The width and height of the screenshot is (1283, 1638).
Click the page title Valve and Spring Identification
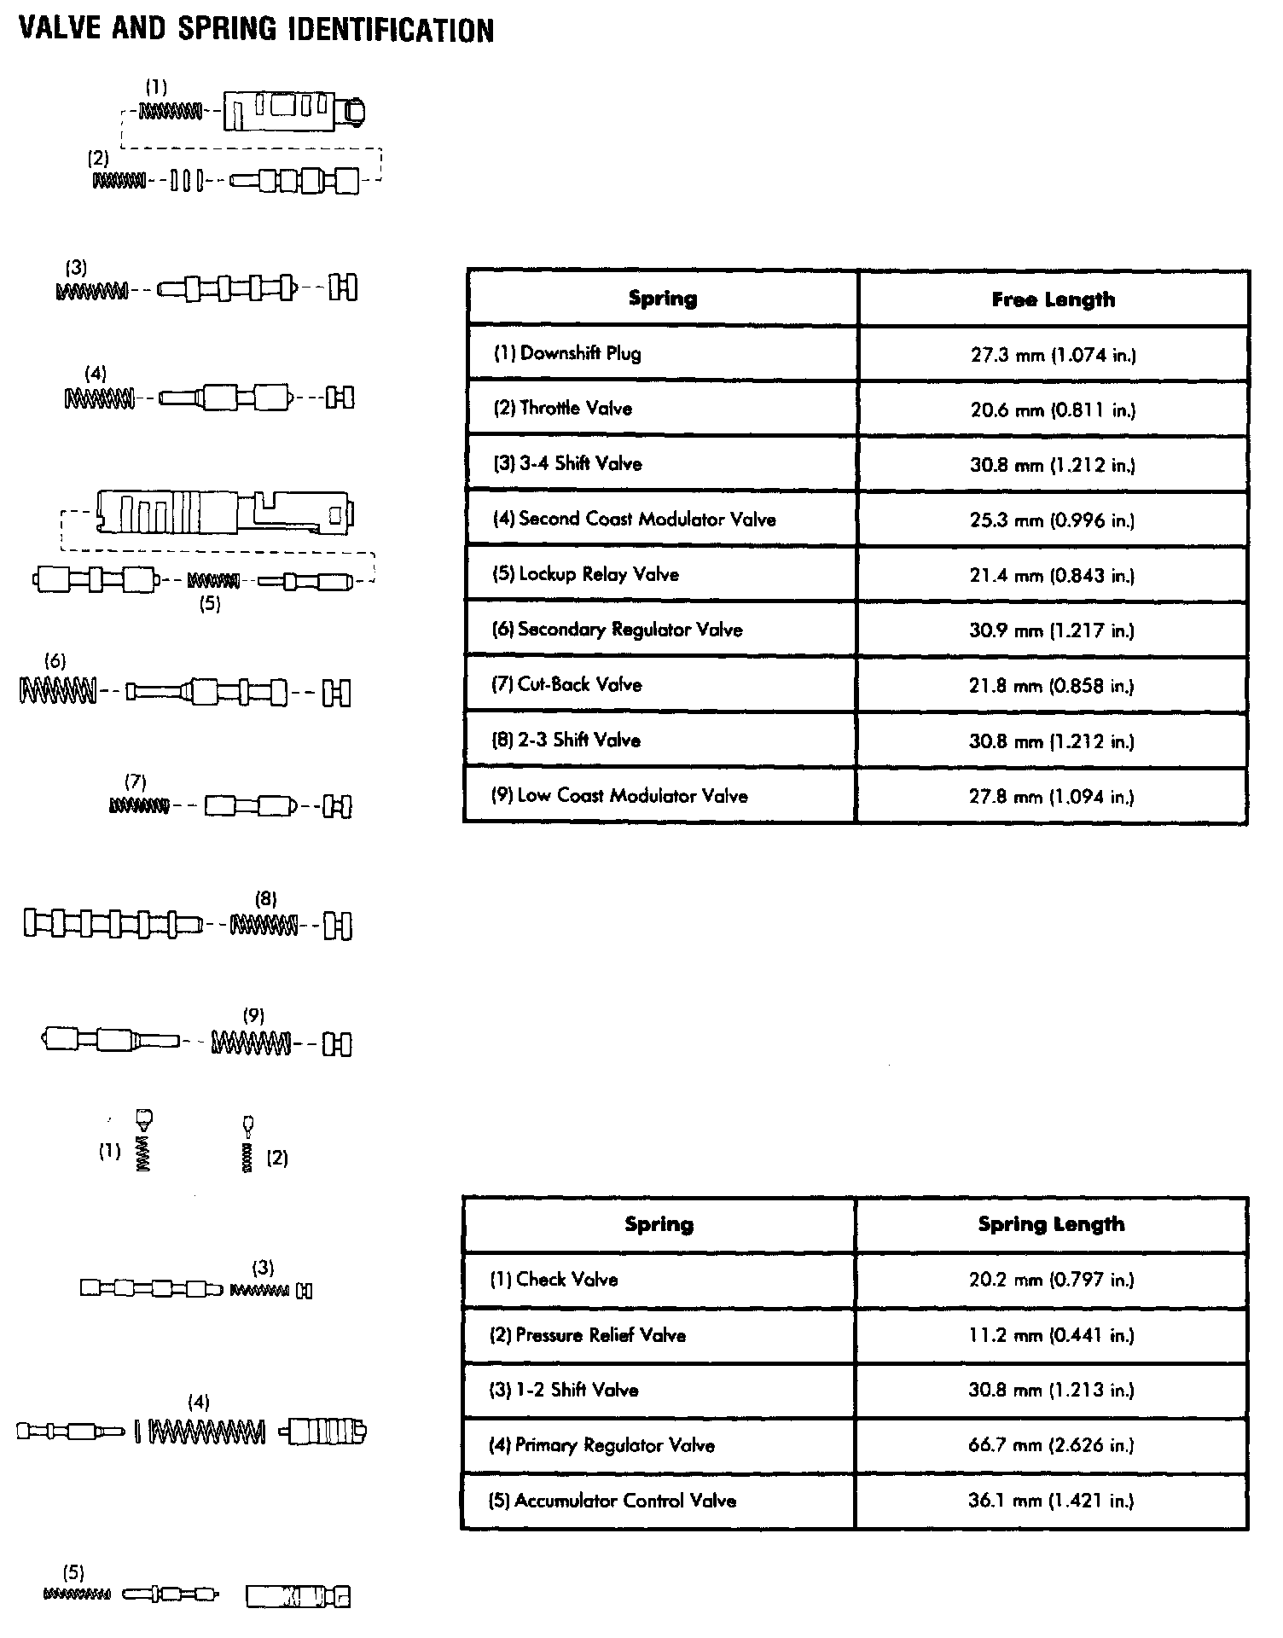click(256, 31)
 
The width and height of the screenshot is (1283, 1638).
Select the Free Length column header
click(1053, 299)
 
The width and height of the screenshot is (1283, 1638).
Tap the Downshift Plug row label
click(567, 353)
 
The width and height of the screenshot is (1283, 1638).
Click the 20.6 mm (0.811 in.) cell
click(1053, 409)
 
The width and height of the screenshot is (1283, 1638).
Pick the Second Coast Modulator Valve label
click(634, 519)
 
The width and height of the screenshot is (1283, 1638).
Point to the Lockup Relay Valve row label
click(585, 574)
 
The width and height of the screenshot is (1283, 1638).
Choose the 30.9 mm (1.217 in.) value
click(1053, 630)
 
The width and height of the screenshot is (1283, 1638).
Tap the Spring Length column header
click(1051, 1224)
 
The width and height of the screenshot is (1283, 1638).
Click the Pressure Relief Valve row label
click(588, 1335)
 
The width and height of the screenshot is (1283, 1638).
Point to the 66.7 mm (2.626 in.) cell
click(1051, 1445)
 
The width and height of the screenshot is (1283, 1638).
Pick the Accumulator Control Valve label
click(612, 1501)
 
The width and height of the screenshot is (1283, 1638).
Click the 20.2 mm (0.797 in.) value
click(1051, 1280)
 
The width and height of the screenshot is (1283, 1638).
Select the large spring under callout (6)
click(57, 691)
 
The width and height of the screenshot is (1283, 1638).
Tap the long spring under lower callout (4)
click(206, 1432)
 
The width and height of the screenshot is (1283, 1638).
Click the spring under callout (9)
click(251, 1042)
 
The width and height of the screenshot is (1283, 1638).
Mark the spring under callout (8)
click(264, 925)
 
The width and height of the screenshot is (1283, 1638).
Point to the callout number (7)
click(136, 781)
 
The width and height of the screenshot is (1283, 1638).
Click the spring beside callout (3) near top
click(91, 291)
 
